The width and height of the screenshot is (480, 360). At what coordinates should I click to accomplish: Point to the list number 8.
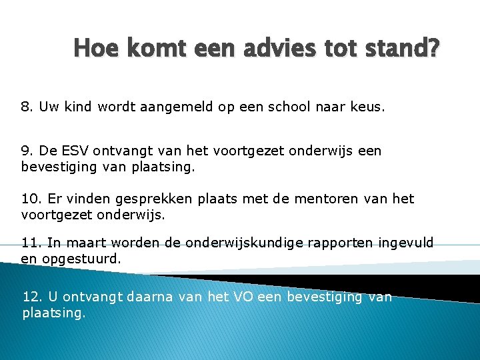tap(26, 107)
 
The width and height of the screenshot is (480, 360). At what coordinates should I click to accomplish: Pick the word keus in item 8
tap(367, 107)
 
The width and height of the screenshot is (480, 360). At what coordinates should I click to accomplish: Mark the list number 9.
tap(26, 151)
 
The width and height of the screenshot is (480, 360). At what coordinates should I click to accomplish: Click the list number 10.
tap(30, 199)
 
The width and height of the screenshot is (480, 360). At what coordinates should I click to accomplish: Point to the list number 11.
tap(30, 243)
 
